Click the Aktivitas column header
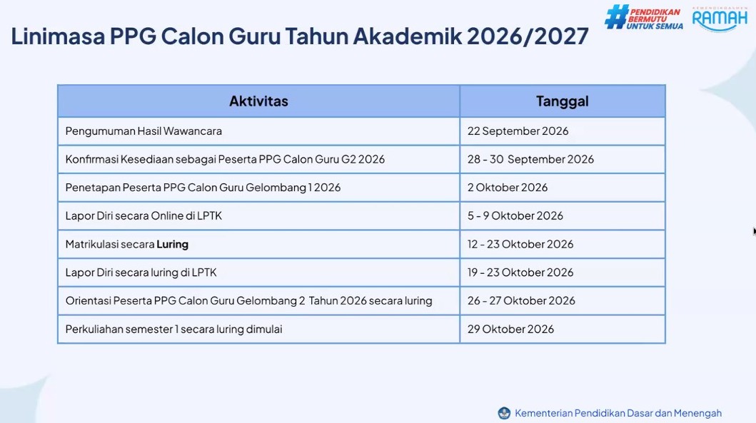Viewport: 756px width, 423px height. coord(258,101)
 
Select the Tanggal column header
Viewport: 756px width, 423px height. coord(562,101)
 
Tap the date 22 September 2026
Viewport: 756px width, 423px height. coord(518,131)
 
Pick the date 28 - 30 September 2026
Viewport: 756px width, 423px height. coord(530,160)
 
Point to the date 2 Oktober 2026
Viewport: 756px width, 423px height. coord(508,188)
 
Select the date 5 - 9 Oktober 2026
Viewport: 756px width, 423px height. coord(515,216)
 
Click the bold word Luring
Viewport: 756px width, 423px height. coord(173,244)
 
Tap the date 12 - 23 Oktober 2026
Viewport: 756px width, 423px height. coord(520,244)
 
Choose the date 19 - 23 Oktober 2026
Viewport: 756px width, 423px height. coord(520,272)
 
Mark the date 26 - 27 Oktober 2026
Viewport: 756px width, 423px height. coord(521,300)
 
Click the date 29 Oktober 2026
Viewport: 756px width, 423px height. coord(510,329)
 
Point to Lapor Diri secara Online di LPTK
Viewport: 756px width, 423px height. coord(143,216)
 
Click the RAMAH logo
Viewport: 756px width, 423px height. coord(720,20)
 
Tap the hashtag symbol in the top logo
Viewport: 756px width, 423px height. coord(616,17)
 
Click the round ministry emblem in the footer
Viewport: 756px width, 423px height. coord(504,413)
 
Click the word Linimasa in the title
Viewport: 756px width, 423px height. coord(58,36)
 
